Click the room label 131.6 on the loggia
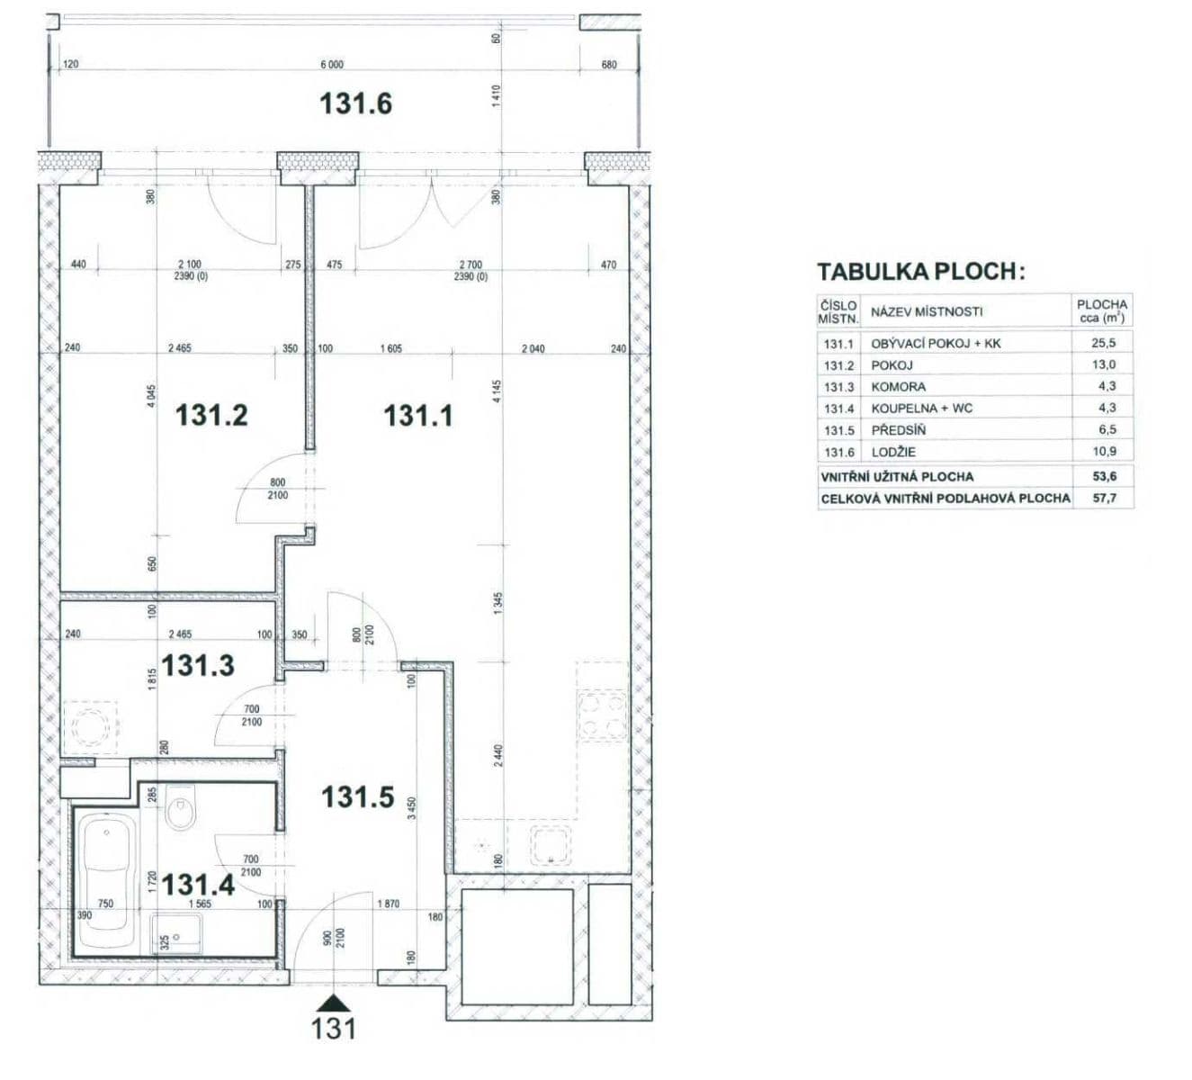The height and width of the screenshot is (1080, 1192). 355,103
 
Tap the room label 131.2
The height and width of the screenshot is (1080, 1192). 211,415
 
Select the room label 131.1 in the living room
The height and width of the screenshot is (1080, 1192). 418,415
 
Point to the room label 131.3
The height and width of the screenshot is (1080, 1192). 198,666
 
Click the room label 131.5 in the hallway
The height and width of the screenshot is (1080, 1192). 358,796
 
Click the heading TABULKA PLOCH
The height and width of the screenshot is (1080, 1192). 920,272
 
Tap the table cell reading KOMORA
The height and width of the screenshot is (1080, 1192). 898,386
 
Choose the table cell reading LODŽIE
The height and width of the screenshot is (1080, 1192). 893,452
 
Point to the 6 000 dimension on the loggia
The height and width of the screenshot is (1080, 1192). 332,65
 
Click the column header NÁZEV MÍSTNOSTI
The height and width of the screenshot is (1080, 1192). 927,311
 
